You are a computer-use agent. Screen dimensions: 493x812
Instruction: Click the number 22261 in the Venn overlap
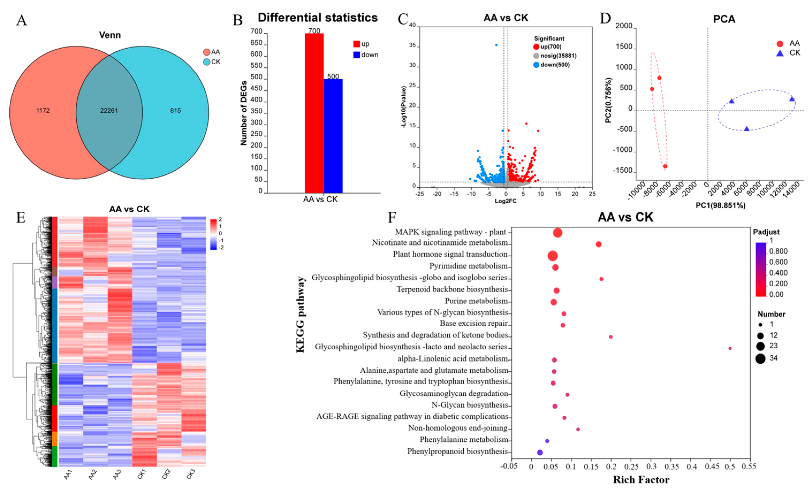coord(109,111)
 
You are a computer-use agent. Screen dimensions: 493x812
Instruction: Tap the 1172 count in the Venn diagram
coord(43,111)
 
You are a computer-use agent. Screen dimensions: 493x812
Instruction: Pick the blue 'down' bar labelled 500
coord(333,135)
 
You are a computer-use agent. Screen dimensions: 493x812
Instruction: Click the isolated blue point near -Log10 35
coord(496,45)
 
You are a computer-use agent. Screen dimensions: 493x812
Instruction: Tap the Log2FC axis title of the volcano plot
coord(505,201)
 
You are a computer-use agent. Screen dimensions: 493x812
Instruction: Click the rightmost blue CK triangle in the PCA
coord(792,99)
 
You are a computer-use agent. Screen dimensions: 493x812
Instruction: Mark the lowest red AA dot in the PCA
coord(665,166)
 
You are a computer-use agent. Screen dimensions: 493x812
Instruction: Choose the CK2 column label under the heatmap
coord(166,474)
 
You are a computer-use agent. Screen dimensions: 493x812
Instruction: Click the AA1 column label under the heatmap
coord(68,475)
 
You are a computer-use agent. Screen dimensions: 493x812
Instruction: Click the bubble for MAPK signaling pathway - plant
coord(558,233)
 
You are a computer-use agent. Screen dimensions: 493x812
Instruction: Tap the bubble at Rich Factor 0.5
coord(730,348)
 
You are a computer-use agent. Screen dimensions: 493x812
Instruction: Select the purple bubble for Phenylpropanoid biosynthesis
coord(540,452)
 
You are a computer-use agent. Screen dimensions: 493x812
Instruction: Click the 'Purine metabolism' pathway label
coord(476,301)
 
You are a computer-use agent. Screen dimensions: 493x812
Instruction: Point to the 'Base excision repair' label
coord(474,324)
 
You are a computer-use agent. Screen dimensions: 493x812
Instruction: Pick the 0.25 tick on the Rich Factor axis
coord(631,467)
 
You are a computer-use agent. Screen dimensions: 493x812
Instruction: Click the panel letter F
coord(392,218)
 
